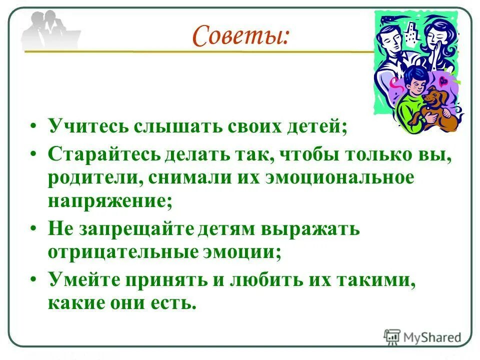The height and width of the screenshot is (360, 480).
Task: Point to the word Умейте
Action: tap(80, 279)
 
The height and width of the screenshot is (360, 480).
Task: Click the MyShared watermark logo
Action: tap(422, 337)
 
